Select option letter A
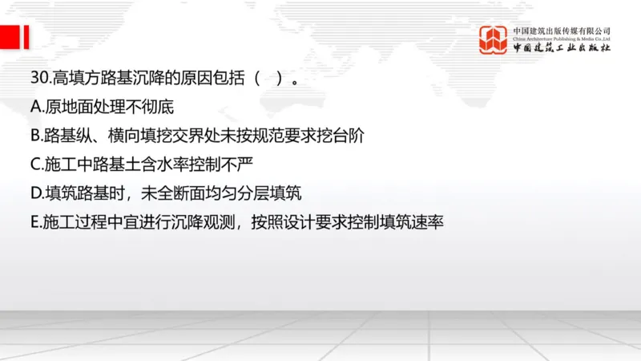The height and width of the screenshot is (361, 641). pyautogui.click(x=35, y=107)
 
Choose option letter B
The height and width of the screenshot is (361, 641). pyautogui.click(x=35, y=136)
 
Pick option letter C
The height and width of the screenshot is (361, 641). pyautogui.click(x=35, y=164)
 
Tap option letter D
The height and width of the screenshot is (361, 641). pyautogui.click(x=36, y=193)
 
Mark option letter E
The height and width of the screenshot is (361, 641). pyautogui.click(x=35, y=222)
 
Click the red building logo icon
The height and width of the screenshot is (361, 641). pyautogui.click(x=494, y=39)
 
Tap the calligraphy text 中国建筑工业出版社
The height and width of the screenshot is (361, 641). pyautogui.click(x=562, y=48)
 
